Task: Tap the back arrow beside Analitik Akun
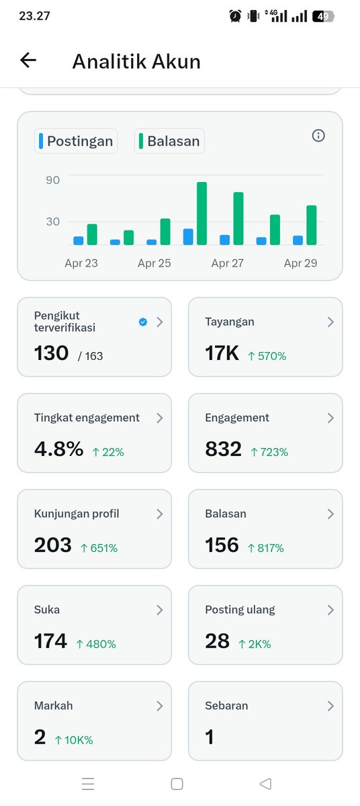[x=28, y=60]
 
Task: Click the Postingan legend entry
[x=76, y=141]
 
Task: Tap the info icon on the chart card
[x=318, y=136]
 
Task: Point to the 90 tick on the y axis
[x=53, y=180]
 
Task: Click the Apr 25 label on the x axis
[x=154, y=263]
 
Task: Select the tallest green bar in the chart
[x=201, y=213]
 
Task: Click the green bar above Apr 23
[x=92, y=234]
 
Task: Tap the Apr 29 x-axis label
[x=300, y=263]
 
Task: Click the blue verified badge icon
[x=142, y=322]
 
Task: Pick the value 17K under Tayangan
[x=222, y=353]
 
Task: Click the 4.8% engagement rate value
[x=58, y=449]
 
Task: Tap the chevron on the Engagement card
[x=330, y=418]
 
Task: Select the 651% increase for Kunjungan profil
[x=98, y=548]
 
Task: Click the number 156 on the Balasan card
[x=222, y=545]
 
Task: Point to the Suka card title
[x=47, y=610]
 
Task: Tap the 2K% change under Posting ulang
[x=255, y=644]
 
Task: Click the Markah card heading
[x=53, y=706]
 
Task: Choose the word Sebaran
[x=226, y=706]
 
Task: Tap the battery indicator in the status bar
[x=322, y=16]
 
